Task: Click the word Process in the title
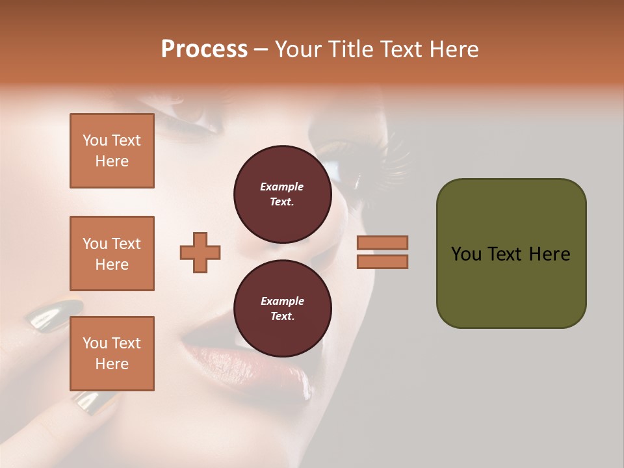pos(204,49)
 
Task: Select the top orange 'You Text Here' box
pos(112,151)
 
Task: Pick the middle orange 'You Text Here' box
pos(112,253)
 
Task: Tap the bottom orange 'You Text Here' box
pos(112,354)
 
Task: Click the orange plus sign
pos(200,252)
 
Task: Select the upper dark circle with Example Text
pos(282,194)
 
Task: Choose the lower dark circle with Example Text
pos(282,308)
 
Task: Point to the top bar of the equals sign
pos(382,242)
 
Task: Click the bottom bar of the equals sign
pos(382,261)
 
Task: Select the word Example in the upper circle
pos(282,187)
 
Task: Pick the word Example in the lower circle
pos(282,301)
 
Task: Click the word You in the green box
pos(465,254)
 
